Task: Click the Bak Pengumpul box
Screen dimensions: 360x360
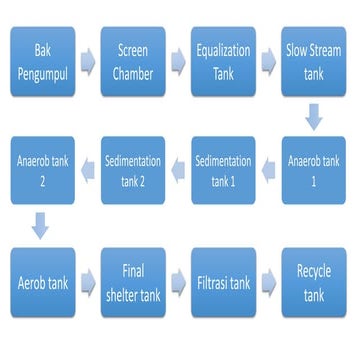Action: (x=43, y=59)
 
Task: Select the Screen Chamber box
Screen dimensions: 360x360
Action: (x=133, y=59)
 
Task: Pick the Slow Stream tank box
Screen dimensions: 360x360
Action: (x=314, y=59)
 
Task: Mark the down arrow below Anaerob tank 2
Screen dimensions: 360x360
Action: (x=40, y=225)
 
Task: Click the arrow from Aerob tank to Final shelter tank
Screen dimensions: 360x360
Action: (x=88, y=282)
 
